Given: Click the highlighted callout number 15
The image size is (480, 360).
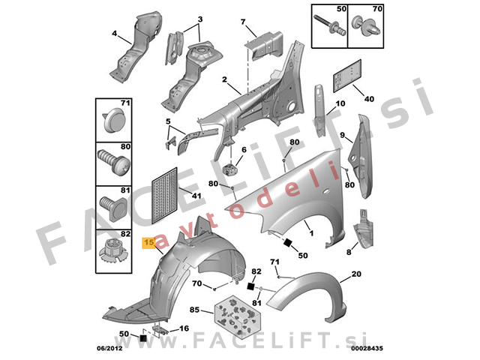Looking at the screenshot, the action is coord(149,242).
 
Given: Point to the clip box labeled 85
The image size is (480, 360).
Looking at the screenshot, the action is coord(238,316).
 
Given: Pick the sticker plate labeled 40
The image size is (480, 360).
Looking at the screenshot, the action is coord(347,76).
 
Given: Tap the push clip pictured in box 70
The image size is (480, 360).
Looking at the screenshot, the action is coord(365,27).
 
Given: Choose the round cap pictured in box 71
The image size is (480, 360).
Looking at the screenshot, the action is coord(113,120).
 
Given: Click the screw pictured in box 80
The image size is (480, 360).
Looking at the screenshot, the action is coord(114,162).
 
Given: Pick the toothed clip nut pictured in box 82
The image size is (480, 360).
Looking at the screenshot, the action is coord(113,252).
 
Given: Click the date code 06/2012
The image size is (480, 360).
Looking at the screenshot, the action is coord(109,348).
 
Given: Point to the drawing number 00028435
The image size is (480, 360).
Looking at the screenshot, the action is coord(367,348).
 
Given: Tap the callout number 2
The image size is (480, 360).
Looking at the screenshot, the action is coord(224,79).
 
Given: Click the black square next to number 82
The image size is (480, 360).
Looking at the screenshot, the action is coord(250,286).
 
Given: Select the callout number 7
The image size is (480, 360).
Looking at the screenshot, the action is coord(243,22).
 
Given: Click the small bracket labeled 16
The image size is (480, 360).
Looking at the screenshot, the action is coord(160,329).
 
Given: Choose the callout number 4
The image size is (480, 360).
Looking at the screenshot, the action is coord(114,33).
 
